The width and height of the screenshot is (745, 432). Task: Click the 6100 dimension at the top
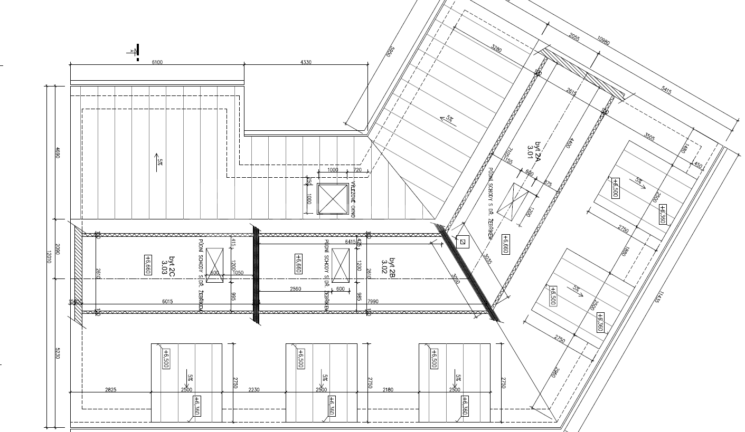(157, 62)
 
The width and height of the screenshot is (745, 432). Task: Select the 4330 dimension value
(306, 62)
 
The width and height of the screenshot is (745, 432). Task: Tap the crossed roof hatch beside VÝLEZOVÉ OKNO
(333, 199)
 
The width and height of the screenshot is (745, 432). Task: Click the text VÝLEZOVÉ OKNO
(353, 199)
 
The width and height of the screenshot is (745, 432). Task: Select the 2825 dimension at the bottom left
(110, 390)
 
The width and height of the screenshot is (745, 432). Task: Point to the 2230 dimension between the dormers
(254, 390)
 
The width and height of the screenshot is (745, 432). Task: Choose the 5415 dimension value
(666, 90)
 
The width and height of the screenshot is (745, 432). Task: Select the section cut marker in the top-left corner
(136, 51)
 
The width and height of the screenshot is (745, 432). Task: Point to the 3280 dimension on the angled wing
(496, 49)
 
